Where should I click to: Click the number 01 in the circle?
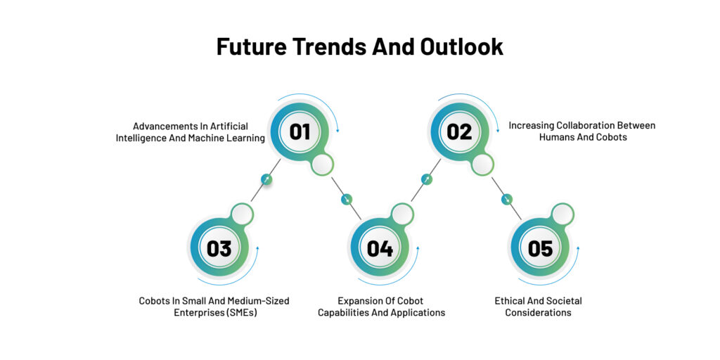coord(300,131)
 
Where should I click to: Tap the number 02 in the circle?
coord(459,131)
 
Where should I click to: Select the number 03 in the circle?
coord(219,248)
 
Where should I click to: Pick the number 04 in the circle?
coord(380,248)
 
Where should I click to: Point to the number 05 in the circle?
coord(540,248)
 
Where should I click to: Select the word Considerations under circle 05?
coord(538,313)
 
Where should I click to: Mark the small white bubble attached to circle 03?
coord(242,214)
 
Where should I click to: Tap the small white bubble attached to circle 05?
coord(562,214)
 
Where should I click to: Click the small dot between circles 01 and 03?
coord(266,179)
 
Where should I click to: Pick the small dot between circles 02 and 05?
coord(506,199)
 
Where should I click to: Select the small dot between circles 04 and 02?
coord(427,179)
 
